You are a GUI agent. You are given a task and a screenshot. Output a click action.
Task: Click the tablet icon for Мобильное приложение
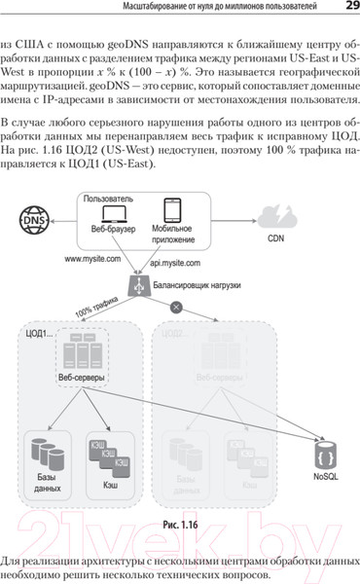[171, 211]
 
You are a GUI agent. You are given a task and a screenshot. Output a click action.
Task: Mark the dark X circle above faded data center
[176, 308]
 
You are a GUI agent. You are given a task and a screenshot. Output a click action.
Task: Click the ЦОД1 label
[39, 334]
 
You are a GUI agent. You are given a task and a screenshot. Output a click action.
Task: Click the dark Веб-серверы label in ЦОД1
[82, 378]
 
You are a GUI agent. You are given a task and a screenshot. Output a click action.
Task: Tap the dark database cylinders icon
[47, 454]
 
